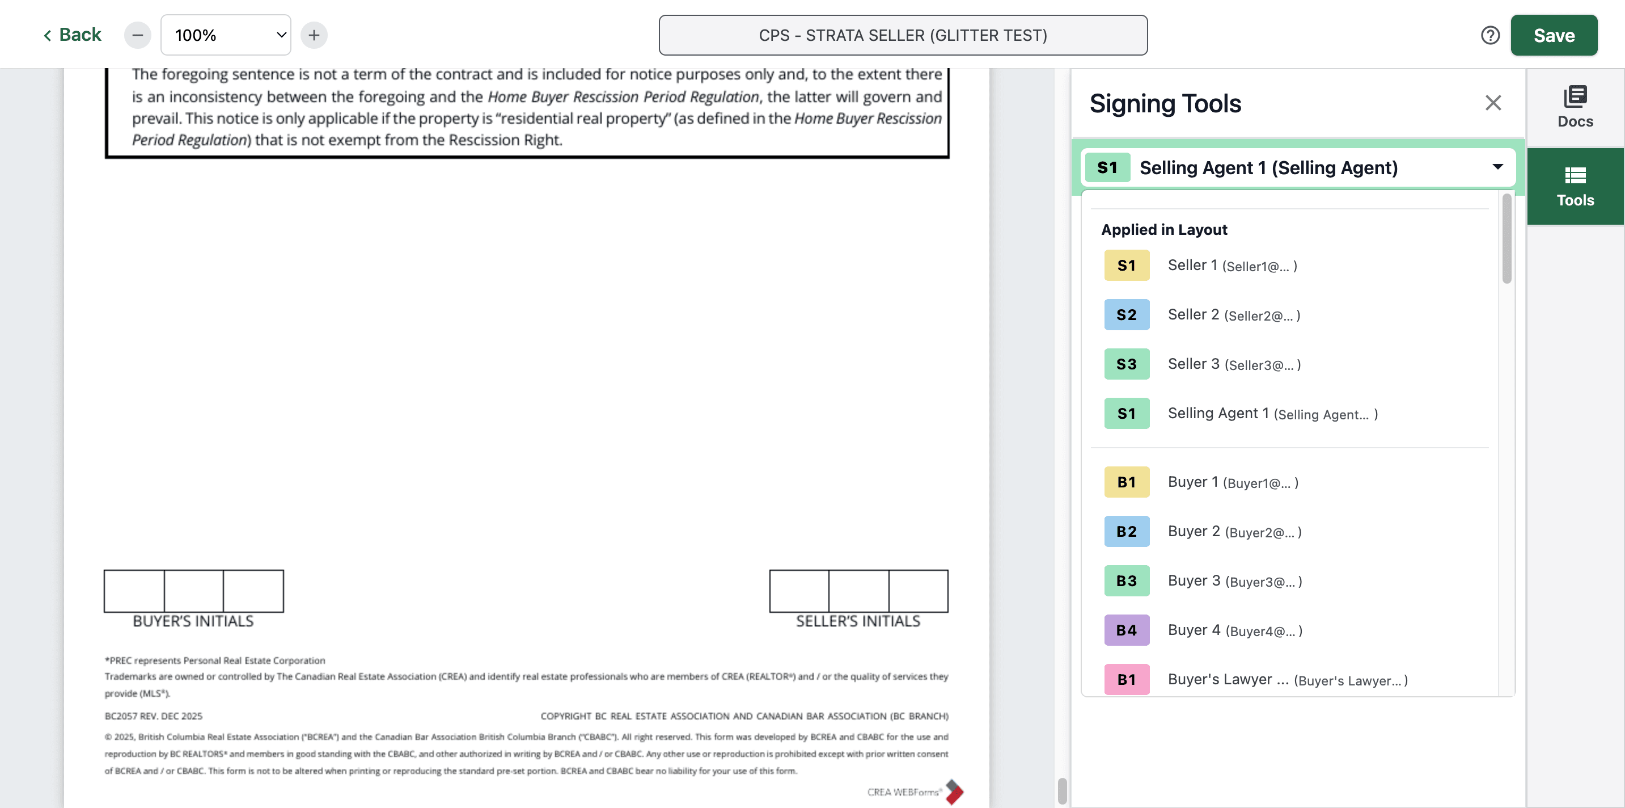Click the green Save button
coord(1554,35)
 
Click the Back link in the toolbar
coord(72,35)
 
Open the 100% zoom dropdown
coord(226,35)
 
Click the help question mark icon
coord(1490,35)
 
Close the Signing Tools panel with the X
coord(1492,103)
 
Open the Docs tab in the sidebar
coord(1575,107)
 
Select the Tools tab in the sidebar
coord(1575,187)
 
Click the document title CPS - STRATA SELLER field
coord(903,35)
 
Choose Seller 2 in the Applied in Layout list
coord(1233,314)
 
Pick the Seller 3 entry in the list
coord(1233,364)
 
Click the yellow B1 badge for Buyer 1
coord(1127,482)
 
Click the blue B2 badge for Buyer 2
coord(1127,532)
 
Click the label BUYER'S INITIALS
coord(193,621)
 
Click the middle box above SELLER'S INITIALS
coord(858,591)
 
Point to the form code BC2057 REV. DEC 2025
coord(153,716)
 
